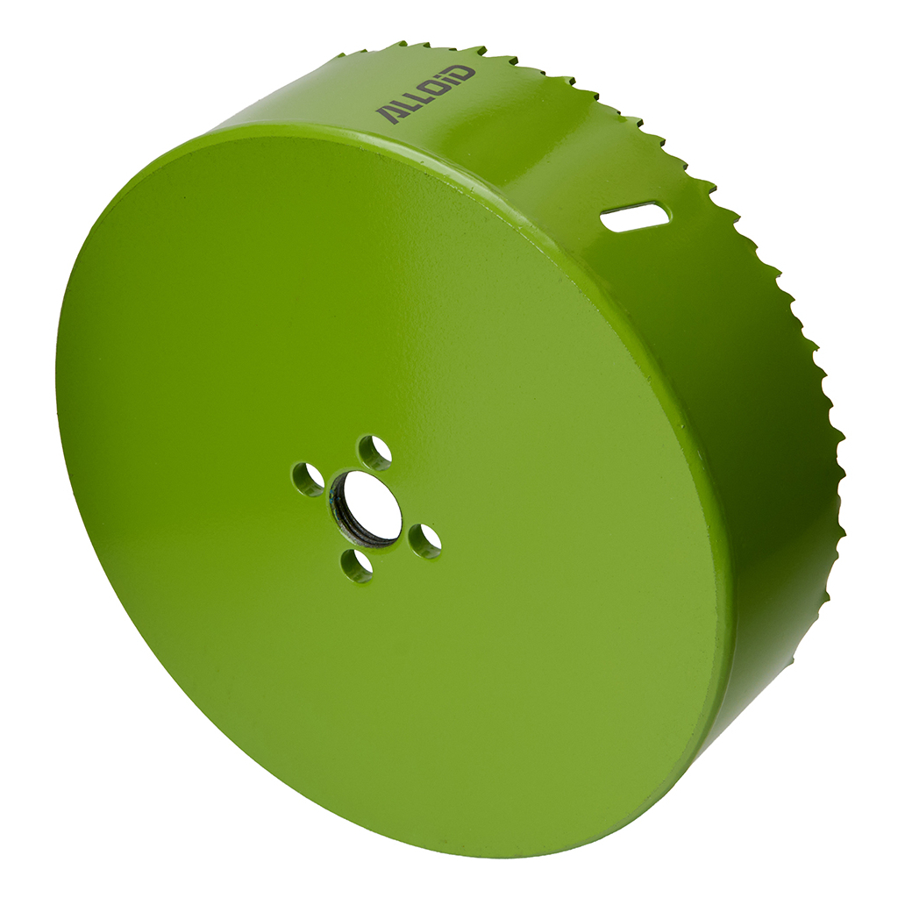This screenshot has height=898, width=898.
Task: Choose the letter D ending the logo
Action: pos(463,75)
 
